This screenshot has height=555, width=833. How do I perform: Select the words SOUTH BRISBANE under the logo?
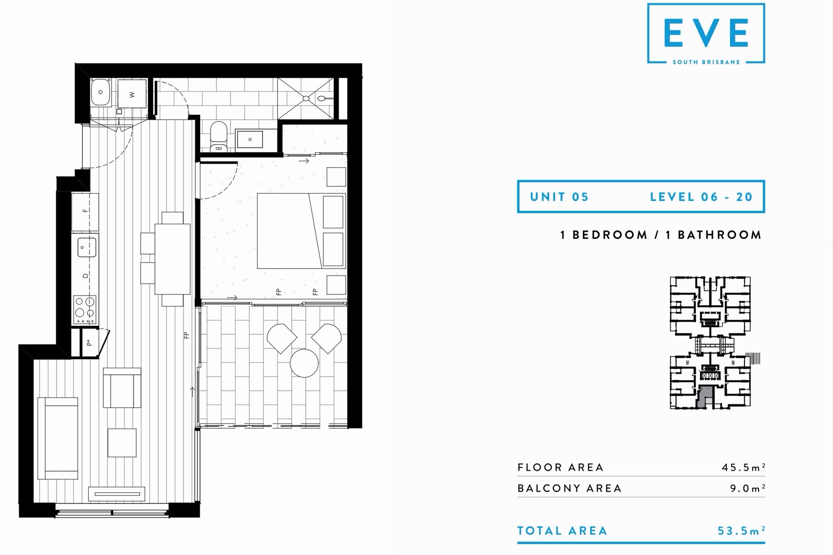pyautogui.click(x=706, y=62)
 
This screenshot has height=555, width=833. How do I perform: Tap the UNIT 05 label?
pyautogui.click(x=559, y=197)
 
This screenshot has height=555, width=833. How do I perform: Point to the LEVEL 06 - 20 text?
pyautogui.click(x=702, y=197)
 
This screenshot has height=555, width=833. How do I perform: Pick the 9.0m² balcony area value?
pyautogui.click(x=748, y=488)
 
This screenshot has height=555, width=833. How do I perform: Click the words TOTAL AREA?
pyautogui.click(x=562, y=531)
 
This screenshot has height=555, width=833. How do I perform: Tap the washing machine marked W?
pyautogui.click(x=132, y=94)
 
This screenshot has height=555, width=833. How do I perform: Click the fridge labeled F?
pyautogui.click(x=85, y=212)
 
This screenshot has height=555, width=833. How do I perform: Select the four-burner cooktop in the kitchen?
pyautogui.click(x=85, y=310)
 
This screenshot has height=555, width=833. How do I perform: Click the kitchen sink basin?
pyautogui.click(x=87, y=247)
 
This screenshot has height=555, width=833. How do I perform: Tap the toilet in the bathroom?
pyautogui.click(x=218, y=135)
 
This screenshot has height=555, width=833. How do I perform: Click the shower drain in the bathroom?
pyautogui.click(x=306, y=99)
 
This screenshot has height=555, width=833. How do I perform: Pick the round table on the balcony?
pyautogui.click(x=304, y=363)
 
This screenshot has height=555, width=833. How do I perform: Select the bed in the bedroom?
pyautogui.click(x=302, y=231)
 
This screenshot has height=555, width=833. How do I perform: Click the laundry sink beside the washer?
pyautogui.click(x=101, y=92)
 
